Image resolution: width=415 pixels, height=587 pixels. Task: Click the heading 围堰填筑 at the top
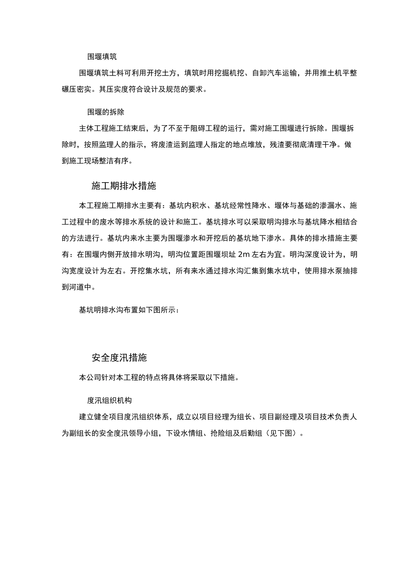tap(102, 56)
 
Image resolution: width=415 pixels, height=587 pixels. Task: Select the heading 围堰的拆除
tap(106, 112)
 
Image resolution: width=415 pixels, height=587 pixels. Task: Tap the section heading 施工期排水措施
tap(124, 186)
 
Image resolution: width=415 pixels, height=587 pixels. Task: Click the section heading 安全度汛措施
tap(119, 358)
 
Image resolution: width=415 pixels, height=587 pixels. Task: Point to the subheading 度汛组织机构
tap(110, 400)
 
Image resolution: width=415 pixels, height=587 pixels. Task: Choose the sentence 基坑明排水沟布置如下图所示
tap(127, 310)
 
